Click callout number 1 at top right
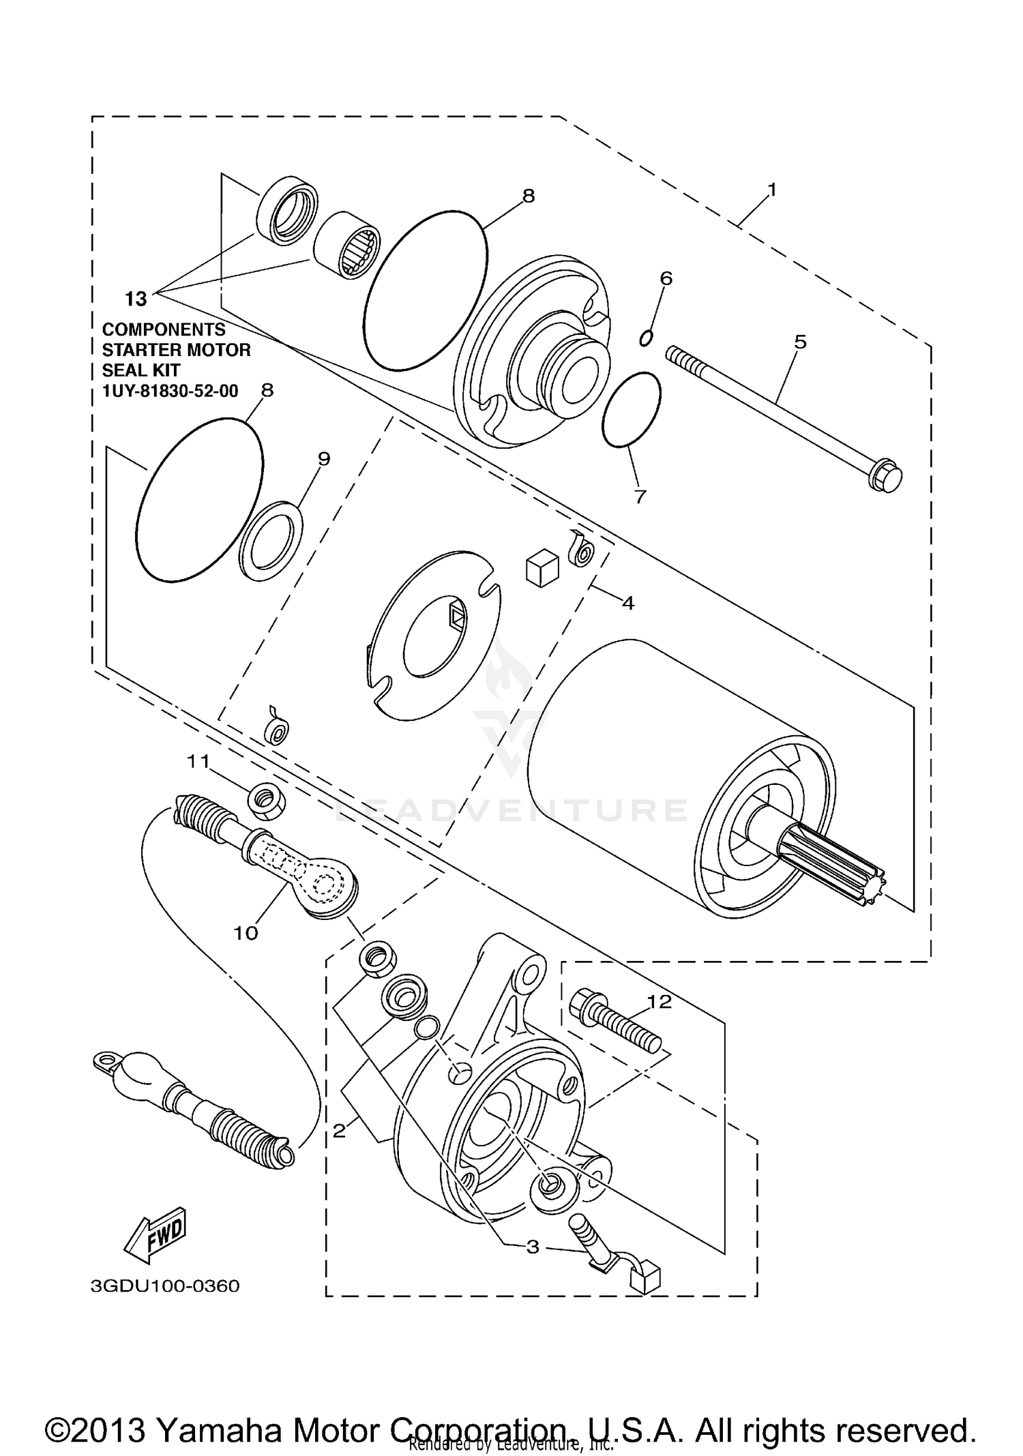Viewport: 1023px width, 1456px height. coord(771,190)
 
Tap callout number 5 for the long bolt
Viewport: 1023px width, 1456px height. coord(800,341)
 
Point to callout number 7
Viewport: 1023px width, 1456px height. coord(639,497)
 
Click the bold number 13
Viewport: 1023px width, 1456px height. coord(136,299)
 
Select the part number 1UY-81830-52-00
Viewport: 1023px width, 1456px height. coord(170,391)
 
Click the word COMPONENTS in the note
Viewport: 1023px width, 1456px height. coord(164,329)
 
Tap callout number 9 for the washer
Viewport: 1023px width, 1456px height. coord(324,459)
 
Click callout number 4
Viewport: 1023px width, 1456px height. coord(627,603)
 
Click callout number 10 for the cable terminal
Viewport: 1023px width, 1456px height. coord(246,933)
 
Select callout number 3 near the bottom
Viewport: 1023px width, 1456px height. coord(533,1247)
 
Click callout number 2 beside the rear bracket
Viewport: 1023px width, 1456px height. coord(339,1131)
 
